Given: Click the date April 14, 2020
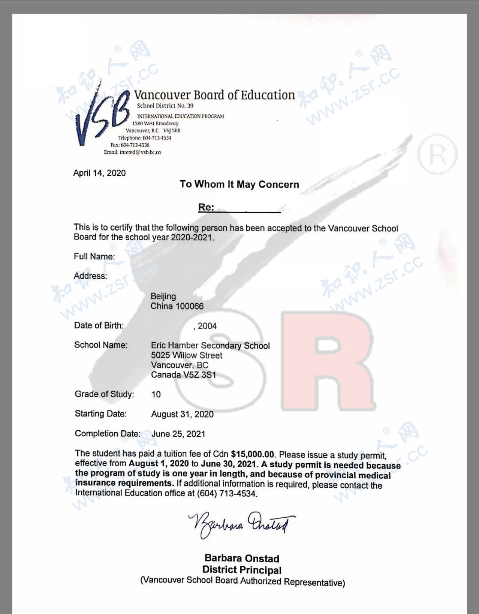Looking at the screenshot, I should coord(99,173).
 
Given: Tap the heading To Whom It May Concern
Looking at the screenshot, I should coord(239,184).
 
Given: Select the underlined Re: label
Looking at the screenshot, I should coord(206,207).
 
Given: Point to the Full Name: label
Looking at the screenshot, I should coord(94,256).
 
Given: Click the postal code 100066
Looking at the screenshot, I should coord(190,306).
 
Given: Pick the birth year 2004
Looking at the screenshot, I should coord(207,326).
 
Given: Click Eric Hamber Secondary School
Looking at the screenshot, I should coord(210,345).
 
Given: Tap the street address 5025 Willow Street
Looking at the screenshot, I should coord(187,355).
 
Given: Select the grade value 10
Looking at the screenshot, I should coord(156,394).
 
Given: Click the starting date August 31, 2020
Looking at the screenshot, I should coord(182,414).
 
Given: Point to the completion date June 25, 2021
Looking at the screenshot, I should coord(178,434).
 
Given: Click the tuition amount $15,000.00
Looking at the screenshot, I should coord(252,454).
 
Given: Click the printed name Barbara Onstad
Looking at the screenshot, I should coord(242,559).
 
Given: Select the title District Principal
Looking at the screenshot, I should coord(242,570).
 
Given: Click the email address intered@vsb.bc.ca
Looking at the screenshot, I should coord(140,152).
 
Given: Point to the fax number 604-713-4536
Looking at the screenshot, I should coord(135,145).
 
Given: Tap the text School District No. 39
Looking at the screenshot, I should coord(165,106).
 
